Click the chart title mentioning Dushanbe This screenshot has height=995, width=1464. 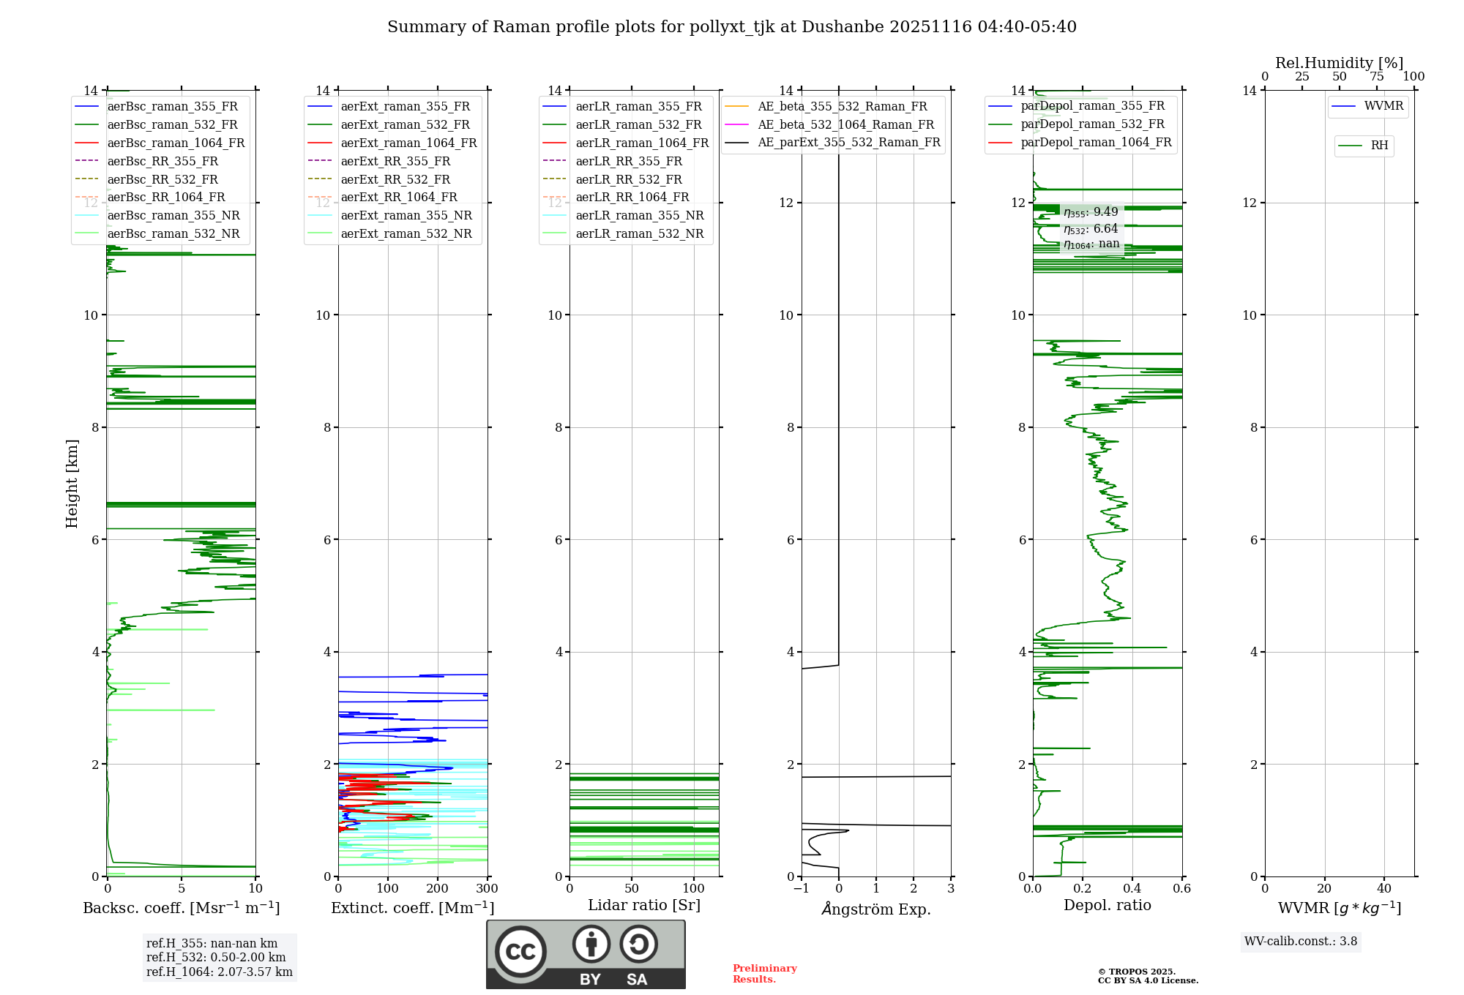coord(731,27)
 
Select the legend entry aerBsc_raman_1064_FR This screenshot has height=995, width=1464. coord(176,143)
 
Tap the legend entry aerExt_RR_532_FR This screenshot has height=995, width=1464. coord(395,179)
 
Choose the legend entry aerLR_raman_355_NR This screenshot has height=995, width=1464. coord(639,215)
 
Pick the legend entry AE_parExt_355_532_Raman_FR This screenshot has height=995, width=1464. coord(848,142)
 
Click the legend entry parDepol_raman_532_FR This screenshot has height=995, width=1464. coord(1092,124)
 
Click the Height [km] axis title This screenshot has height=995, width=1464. coord(72,483)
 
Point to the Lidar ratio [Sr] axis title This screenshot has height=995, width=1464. coord(644,905)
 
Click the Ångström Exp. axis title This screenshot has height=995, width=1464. coord(876,909)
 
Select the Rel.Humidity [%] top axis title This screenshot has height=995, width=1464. coord(1339,63)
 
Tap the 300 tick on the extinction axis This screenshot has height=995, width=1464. coord(487,889)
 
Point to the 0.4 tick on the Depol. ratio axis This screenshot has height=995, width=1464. coord(1132,889)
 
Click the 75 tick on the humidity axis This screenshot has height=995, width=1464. coord(1377,77)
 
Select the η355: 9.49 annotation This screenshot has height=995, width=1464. coord(1091,212)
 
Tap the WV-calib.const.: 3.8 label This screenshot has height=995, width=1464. coord(1300,942)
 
